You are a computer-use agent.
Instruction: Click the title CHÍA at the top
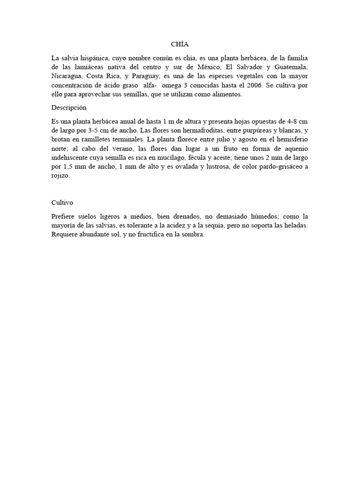click(180, 45)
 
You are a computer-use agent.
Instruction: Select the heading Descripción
click(69, 107)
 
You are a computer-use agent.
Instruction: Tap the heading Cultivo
click(62, 202)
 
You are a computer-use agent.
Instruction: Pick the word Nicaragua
click(67, 76)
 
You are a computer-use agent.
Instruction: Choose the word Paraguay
click(146, 76)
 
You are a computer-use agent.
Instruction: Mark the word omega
click(172, 85)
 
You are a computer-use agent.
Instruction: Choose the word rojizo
click(60, 176)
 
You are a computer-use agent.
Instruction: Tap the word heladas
click(295, 226)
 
